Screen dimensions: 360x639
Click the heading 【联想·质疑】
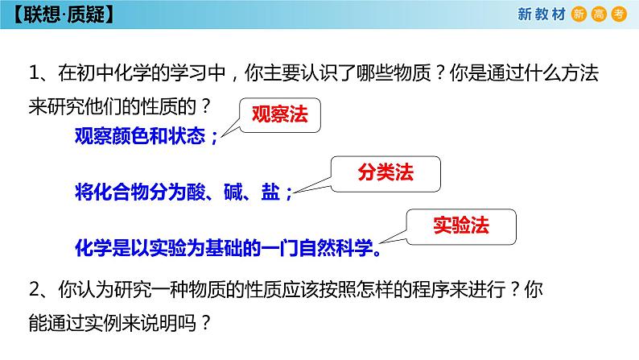pos(56,14)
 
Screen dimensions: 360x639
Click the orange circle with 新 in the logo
pos(578,14)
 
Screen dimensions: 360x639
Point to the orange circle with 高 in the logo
pos(598,14)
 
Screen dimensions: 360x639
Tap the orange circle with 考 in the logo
pos(618,14)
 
